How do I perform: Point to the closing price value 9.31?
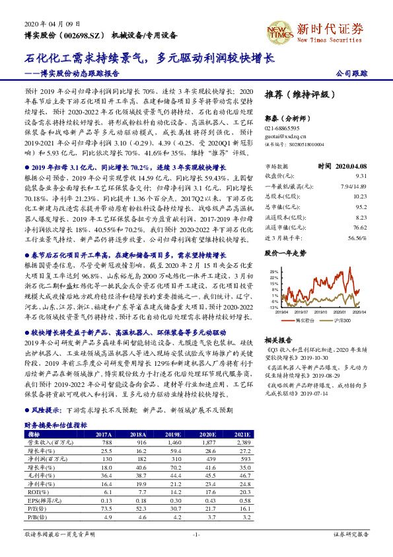point(360,176)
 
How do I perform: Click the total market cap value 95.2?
point(360,206)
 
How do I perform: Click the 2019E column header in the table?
point(174,434)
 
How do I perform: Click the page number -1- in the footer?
point(196,533)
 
